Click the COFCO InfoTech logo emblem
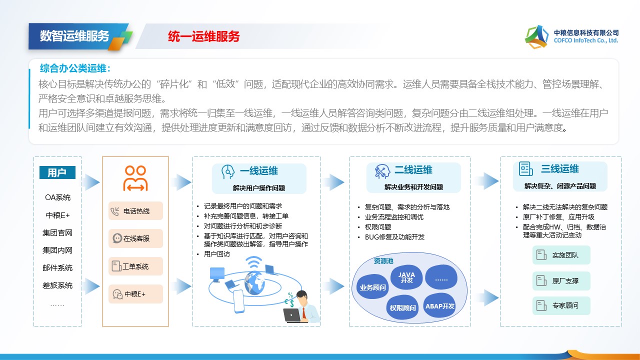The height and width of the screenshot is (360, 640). tap(536, 37)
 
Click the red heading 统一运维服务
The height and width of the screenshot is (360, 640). tap(203, 36)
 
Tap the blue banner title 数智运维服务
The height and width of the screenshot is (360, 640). tap(74, 36)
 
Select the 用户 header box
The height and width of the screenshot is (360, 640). tap(57, 172)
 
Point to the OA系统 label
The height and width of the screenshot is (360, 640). tap(57, 197)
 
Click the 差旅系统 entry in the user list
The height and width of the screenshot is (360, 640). tap(57, 285)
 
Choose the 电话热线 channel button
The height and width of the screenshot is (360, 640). tap(135, 211)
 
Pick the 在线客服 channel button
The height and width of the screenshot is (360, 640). tap(135, 238)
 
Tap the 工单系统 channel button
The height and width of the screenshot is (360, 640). tap(135, 266)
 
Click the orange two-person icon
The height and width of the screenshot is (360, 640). tap(135, 178)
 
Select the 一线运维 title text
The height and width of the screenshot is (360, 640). tap(259, 171)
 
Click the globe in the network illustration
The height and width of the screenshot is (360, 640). tap(254, 282)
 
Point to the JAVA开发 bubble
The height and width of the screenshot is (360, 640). tap(406, 277)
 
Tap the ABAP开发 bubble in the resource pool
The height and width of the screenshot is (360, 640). tap(439, 306)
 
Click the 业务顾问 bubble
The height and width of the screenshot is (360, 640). tap(372, 287)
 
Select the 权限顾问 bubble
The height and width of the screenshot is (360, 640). tap(402, 307)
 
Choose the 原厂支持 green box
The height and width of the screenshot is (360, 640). tap(561, 281)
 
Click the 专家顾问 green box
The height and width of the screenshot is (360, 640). tap(561, 305)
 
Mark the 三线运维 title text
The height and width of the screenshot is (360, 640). tap(559, 169)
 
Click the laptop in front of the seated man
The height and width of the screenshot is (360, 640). tap(292, 315)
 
